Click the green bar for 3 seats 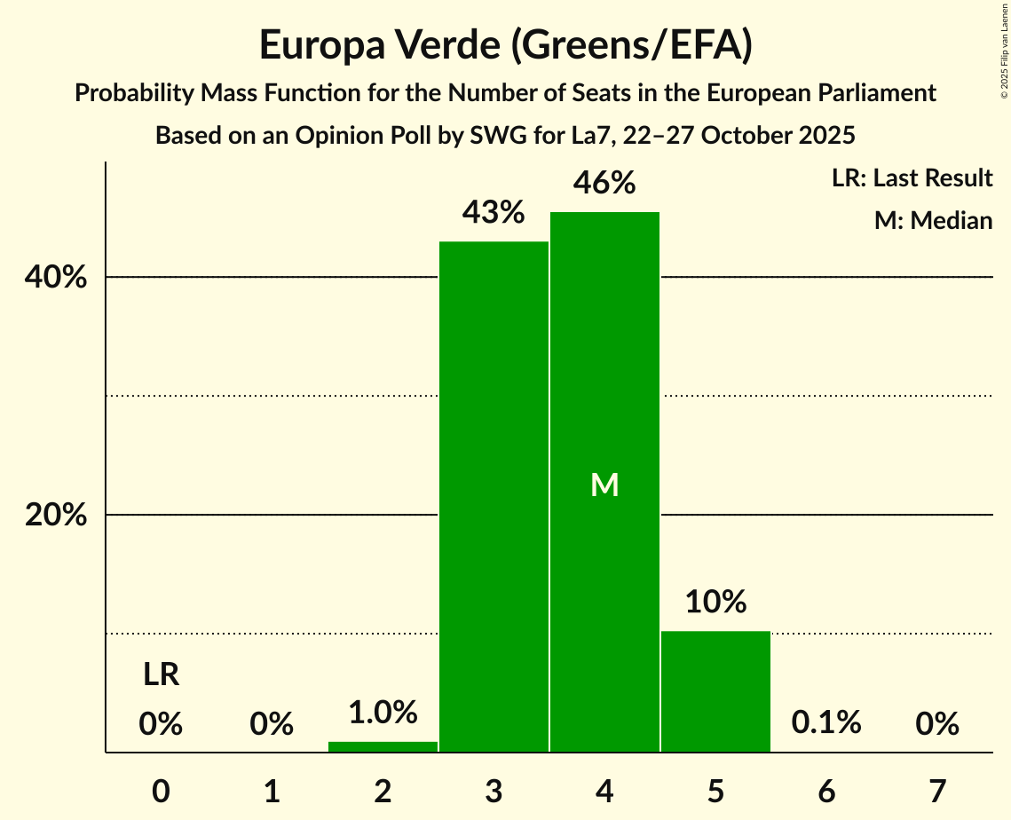click(494, 497)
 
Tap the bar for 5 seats click(715, 691)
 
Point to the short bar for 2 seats click(383, 746)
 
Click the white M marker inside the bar click(604, 485)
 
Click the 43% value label click(494, 213)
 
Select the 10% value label click(715, 603)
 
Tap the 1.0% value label click(383, 713)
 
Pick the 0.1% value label click(826, 723)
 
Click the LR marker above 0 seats click(162, 675)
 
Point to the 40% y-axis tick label click(56, 278)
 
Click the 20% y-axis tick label click(56, 516)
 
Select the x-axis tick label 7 click(937, 790)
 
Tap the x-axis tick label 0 click(161, 790)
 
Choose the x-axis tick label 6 click(826, 790)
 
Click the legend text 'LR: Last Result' click(912, 178)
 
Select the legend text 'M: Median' click(933, 220)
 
